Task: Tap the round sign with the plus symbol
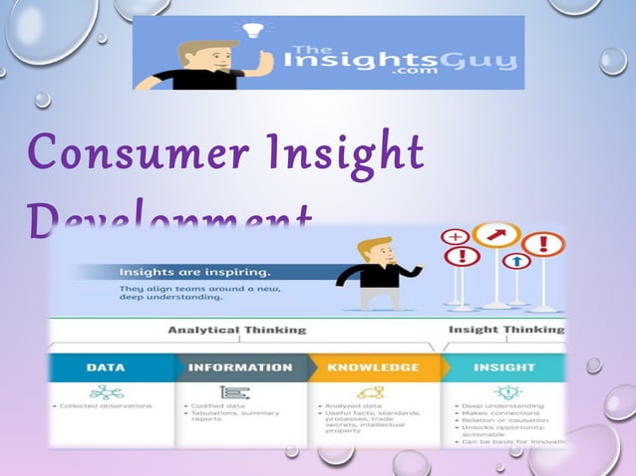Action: (455, 237)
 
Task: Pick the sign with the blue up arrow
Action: (515, 261)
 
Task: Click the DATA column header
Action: (106, 367)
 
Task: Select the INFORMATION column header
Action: (240, 367)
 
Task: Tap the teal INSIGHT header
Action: (504, 367)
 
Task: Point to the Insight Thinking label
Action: (505, 330)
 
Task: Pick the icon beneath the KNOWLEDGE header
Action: (371, 391)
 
